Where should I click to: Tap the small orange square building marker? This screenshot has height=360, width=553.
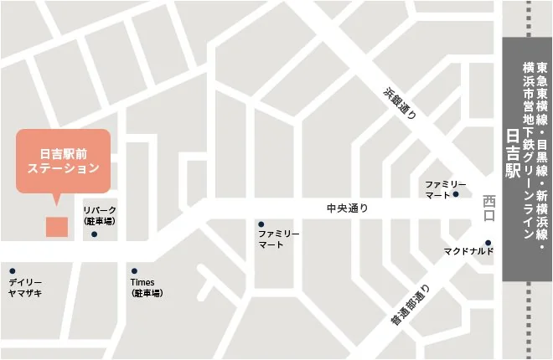tap(57, 226)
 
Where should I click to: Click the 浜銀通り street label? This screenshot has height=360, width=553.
tap(400, 103)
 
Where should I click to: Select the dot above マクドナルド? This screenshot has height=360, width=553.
tap(488, 244)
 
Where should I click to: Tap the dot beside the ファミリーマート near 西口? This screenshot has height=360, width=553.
tap(456, 194)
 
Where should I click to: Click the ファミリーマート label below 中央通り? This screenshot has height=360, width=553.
tap(279, 239)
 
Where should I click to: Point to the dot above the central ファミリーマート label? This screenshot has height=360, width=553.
tap(261, 224)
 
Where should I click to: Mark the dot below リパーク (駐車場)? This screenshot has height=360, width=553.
tap(94, 234)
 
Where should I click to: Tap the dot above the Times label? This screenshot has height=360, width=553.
tap(133, 270)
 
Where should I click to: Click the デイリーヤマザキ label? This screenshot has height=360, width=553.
tap(25, 287)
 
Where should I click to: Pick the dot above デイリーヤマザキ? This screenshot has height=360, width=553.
tap(12, 270)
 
